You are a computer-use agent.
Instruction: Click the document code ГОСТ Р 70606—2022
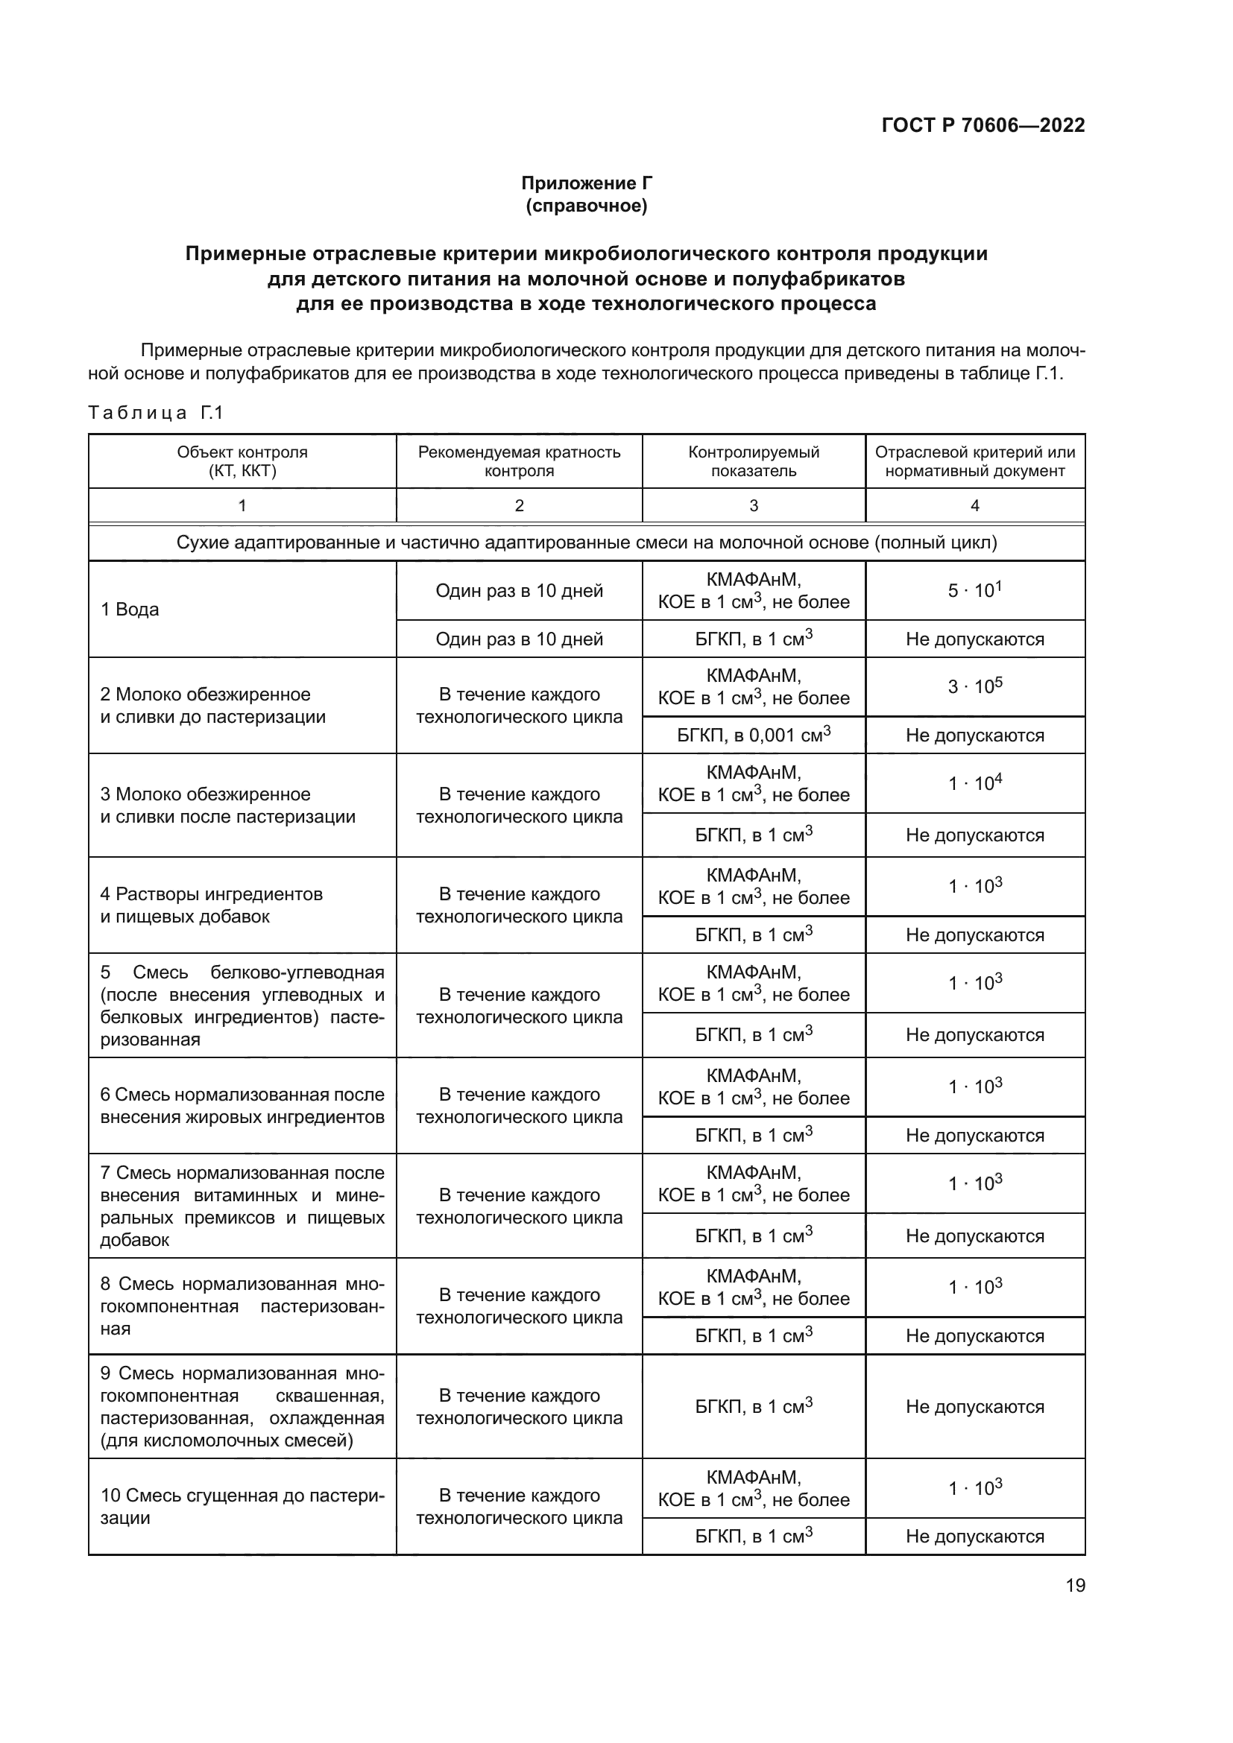(983, 125)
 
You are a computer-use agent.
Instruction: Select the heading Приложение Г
(586, 183)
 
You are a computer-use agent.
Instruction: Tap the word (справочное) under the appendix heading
(586, 206)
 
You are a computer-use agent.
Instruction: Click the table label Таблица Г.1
(156, 413)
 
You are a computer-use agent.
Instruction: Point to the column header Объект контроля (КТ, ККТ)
(242, 461)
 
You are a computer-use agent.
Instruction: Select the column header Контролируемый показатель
(753, 461)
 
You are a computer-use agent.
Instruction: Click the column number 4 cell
(975, 505)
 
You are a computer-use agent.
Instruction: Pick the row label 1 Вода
(130, 610)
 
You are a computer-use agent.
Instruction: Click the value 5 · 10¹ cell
(975, 590)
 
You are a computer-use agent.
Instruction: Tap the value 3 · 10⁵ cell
(975, 686)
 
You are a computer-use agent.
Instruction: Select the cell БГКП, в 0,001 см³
(753, 735)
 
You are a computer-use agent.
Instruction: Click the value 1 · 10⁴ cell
(975, 782)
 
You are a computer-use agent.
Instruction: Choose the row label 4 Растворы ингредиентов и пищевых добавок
(212, 905)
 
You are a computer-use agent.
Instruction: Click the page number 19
(1075, 1586)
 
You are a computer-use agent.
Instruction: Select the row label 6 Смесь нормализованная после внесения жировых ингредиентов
(242, 1105)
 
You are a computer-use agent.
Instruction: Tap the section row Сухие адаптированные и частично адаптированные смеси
(586, 542)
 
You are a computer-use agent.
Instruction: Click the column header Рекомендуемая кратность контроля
(520, 461)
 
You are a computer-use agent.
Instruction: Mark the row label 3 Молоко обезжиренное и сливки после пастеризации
(228, 806)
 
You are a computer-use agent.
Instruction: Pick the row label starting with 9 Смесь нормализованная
(242, 1407)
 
